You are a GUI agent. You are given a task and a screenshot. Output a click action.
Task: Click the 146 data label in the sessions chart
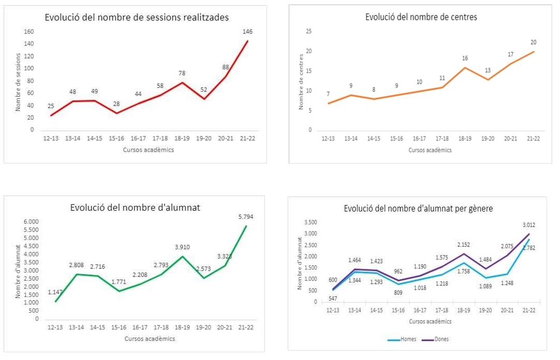247,32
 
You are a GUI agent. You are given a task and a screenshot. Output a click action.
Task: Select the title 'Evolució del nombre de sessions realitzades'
137,18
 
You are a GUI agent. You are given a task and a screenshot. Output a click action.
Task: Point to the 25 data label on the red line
51,107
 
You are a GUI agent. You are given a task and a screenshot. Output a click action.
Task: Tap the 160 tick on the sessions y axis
28,32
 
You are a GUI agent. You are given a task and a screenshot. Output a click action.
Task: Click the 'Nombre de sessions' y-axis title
18,82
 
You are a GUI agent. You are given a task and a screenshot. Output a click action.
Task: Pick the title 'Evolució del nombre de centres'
421,17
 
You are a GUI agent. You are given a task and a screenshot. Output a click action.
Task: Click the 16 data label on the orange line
465,58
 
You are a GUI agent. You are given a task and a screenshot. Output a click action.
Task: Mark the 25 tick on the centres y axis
309,32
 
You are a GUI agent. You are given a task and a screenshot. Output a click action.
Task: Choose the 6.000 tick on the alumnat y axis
32,222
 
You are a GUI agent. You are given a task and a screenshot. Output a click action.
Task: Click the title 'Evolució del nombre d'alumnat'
135,207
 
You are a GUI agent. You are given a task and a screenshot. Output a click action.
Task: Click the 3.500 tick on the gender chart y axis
310,222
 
